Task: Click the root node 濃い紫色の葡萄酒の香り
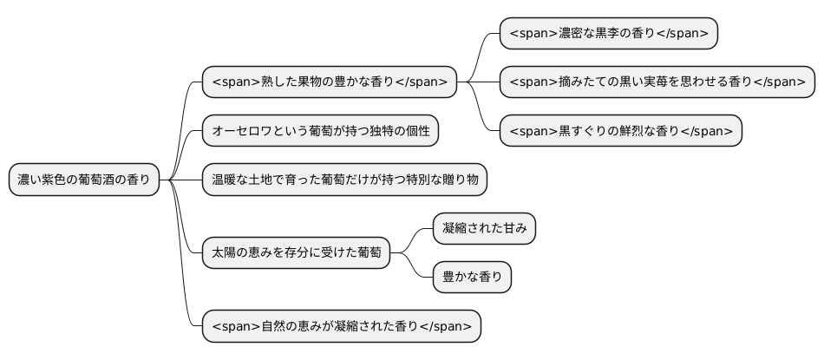point(84,180)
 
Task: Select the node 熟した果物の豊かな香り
point(330,82)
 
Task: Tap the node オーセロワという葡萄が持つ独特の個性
point(320,131)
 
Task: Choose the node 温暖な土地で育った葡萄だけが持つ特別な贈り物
point(344,180)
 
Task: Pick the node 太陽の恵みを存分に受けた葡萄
point(296,253)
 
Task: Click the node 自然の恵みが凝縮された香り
point(341,326)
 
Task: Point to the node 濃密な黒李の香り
point(609,33)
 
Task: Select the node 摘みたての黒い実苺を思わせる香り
point(657,82)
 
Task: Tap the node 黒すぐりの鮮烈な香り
point(621,131)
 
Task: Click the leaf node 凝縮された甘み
point(485,229)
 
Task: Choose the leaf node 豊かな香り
point(473,278)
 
